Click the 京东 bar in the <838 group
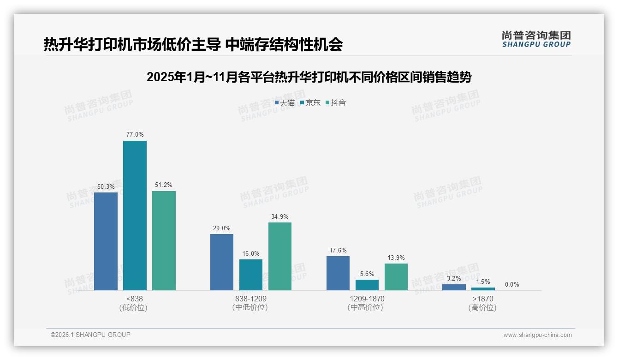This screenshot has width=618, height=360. [135, 216]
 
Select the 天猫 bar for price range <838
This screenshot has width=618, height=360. [106, 241]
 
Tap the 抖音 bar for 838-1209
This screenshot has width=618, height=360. [280, 257]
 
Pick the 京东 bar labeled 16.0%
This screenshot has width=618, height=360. [251, 275]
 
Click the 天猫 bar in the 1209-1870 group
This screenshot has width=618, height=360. [338, 273]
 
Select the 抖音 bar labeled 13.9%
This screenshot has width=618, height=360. [396, 277]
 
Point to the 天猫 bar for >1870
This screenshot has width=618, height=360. [454, 288]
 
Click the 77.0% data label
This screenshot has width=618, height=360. [135, 135]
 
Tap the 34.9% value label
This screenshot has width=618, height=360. [280, 216]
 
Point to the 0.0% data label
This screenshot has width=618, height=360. [512, 284]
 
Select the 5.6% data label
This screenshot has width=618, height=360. [367, 274]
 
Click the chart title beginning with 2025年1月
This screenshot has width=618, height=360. [309, 78]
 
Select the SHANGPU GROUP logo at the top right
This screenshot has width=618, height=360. [536, 39]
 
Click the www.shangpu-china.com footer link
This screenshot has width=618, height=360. [537, 335]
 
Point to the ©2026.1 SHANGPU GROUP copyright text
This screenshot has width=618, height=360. [90, 335]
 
